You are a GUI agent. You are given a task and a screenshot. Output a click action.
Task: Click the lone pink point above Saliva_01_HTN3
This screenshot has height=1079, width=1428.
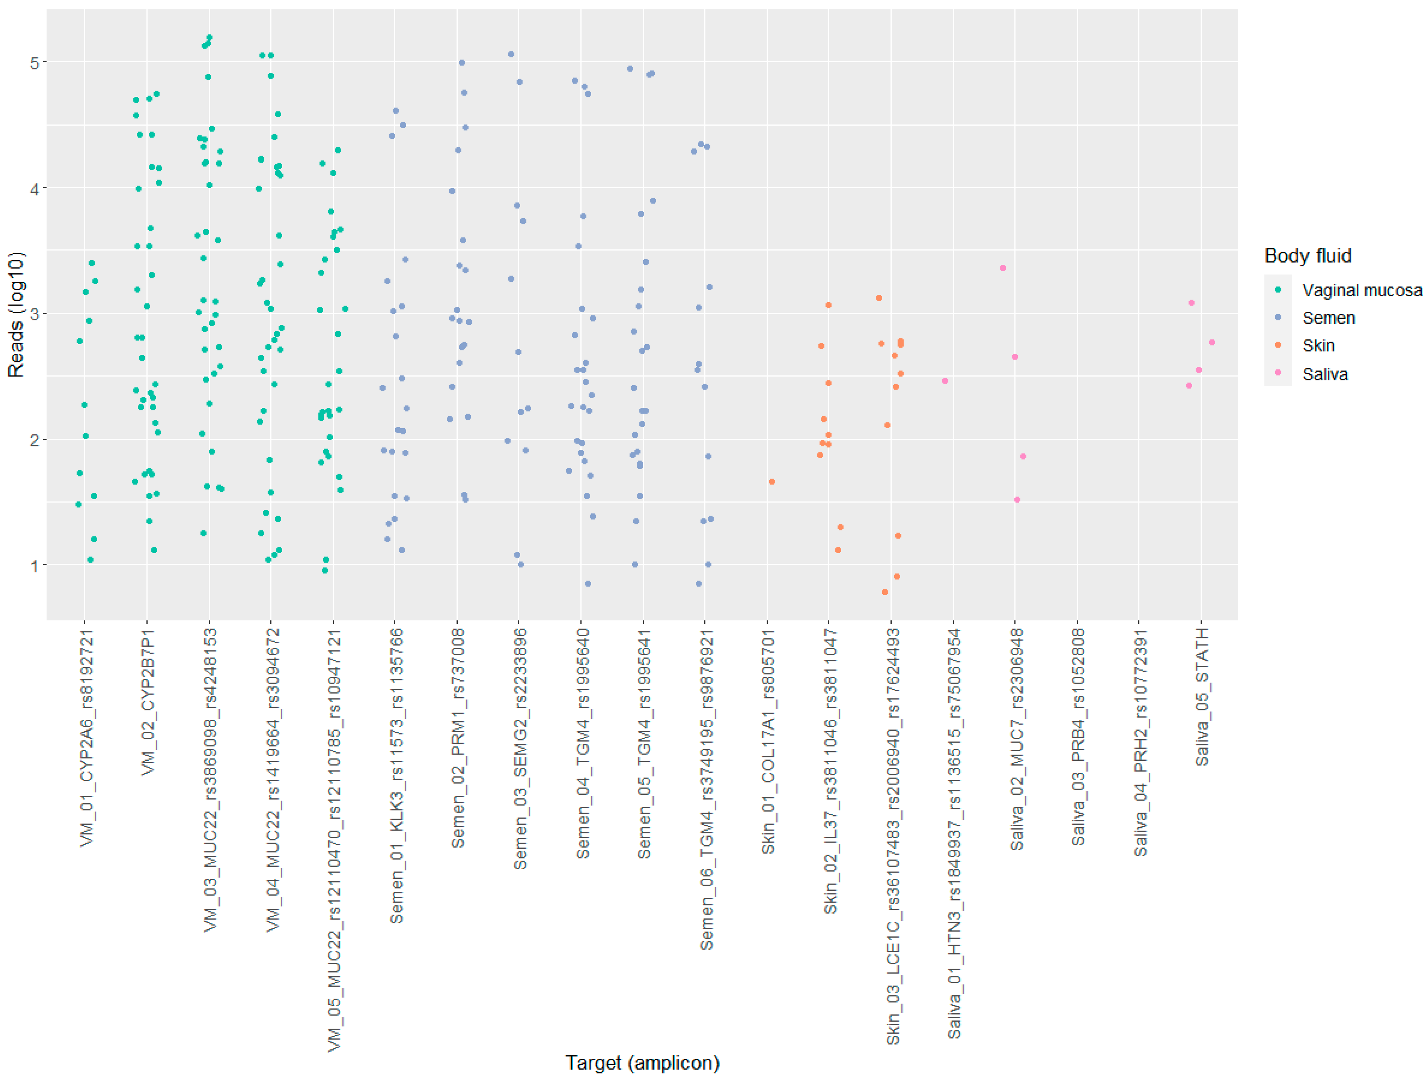945,381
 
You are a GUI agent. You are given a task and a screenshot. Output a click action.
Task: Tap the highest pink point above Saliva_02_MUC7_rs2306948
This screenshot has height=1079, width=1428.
1002,268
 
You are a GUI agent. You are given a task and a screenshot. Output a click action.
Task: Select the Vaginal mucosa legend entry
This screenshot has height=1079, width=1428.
1361,290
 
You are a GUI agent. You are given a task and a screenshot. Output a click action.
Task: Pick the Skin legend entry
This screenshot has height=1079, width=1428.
1318,346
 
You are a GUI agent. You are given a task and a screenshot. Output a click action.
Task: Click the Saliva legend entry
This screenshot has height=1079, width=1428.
1325,374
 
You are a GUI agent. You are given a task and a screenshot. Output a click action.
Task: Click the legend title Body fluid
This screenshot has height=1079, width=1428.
1307,256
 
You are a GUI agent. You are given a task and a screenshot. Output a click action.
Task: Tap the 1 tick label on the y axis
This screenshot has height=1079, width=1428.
35,566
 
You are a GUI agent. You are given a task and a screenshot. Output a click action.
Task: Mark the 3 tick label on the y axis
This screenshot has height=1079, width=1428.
35,314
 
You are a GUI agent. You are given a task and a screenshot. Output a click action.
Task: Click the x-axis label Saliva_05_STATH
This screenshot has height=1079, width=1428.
1201,697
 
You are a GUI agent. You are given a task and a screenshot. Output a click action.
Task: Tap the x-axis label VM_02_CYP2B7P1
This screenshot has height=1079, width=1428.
148,702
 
